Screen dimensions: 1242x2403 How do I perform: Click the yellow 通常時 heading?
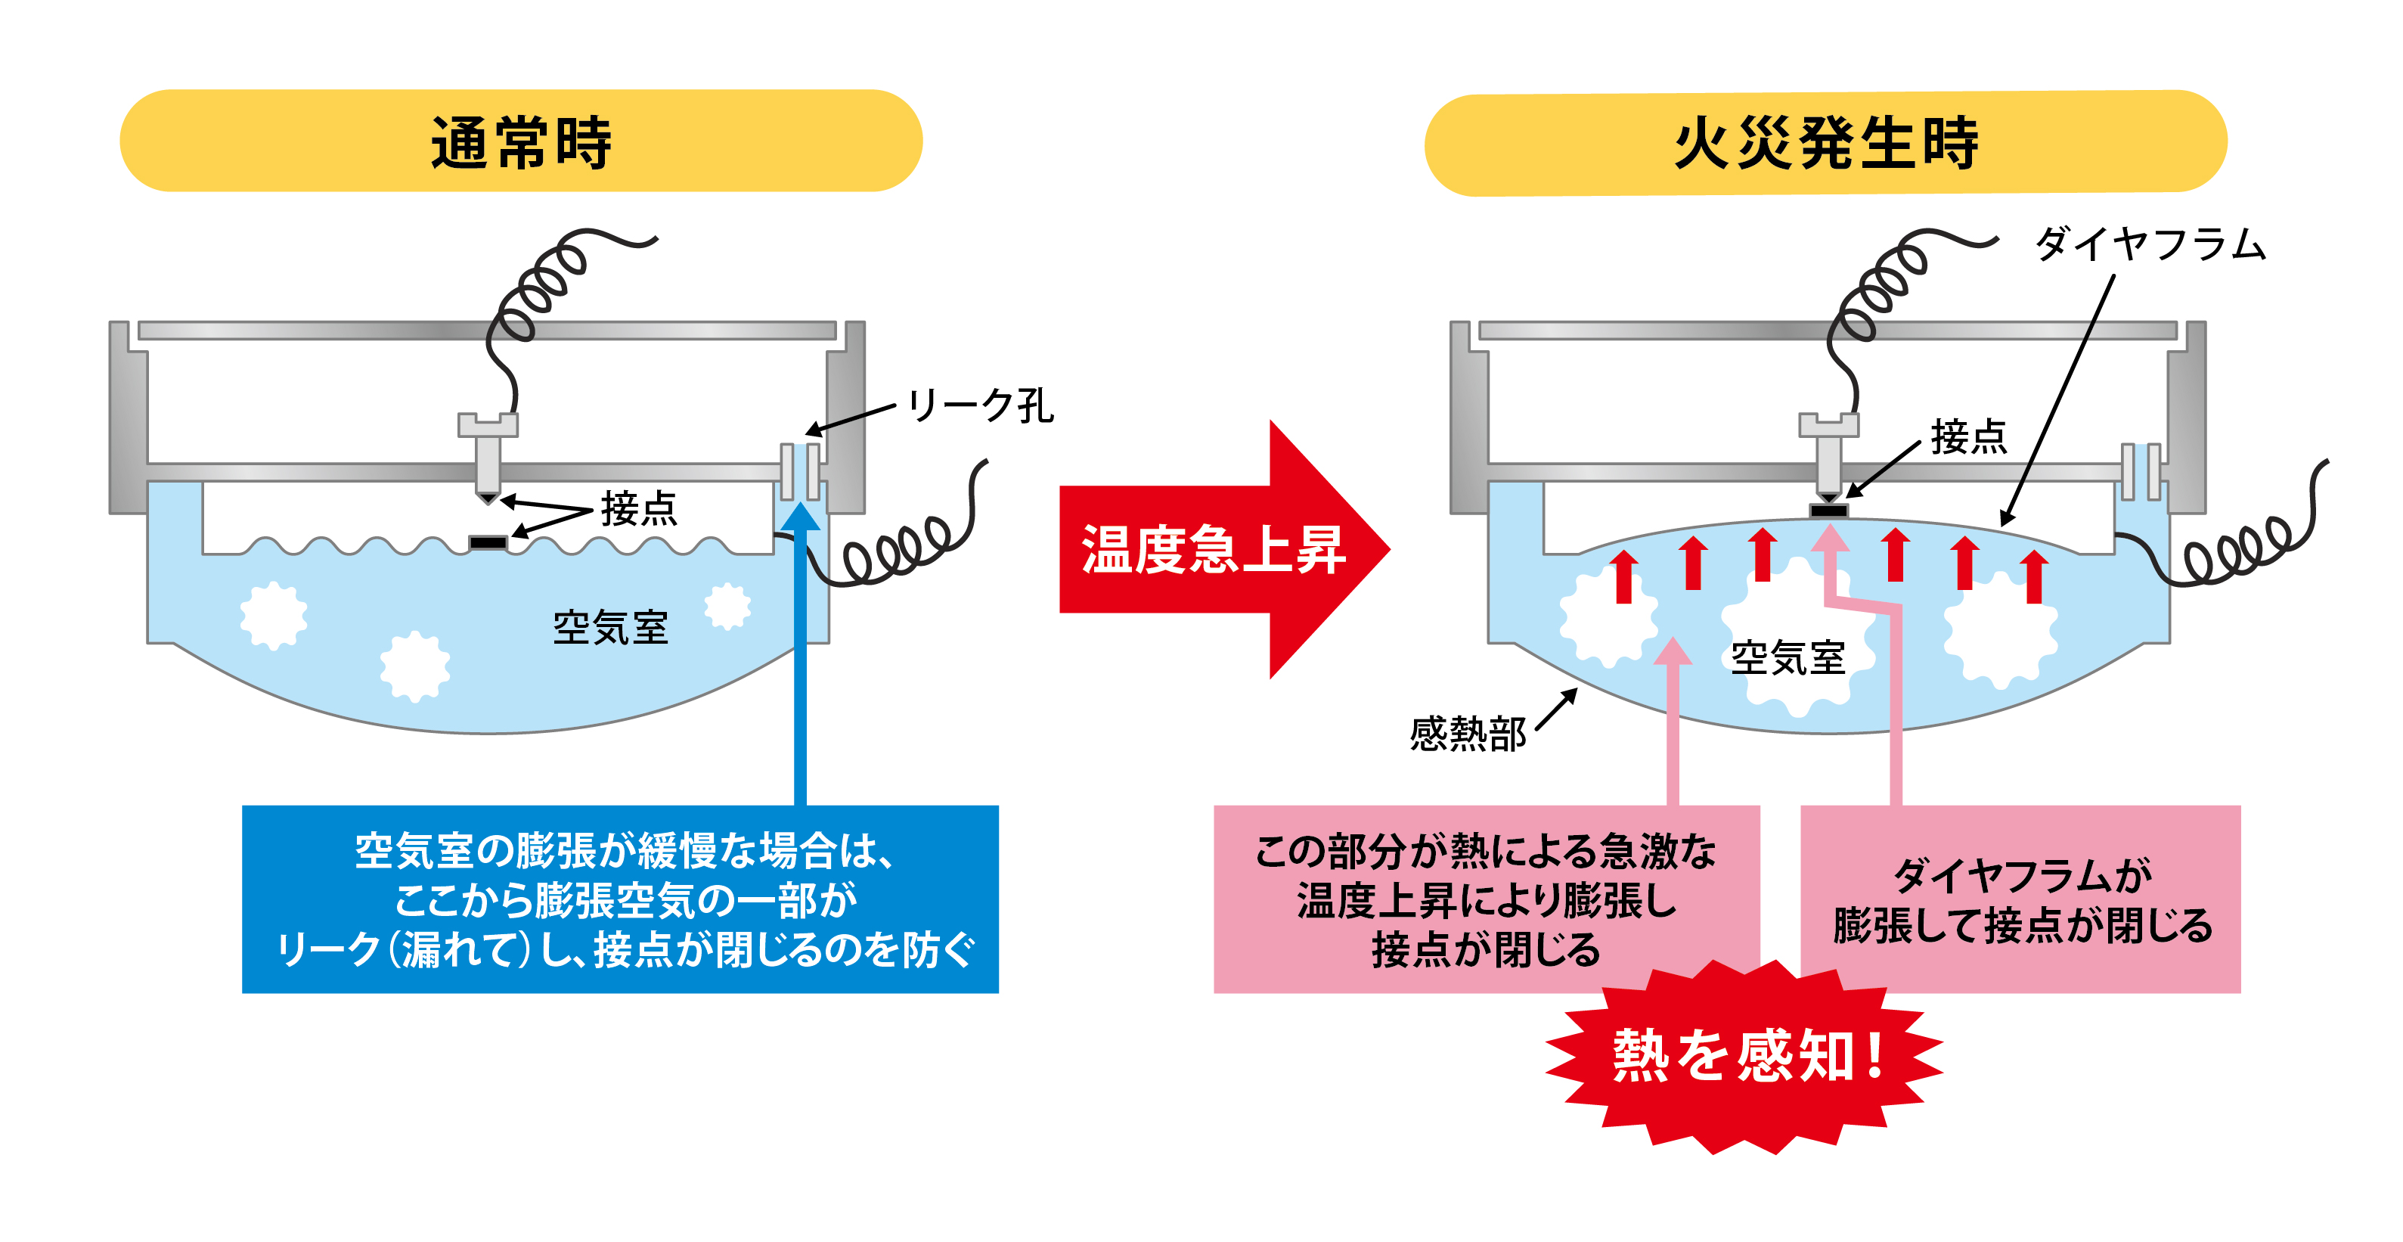point(520,142)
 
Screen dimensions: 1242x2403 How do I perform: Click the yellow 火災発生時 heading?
point(1825,144)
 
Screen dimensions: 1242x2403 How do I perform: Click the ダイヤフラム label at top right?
point(2149,244)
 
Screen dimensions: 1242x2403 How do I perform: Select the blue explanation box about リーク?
point(619,899)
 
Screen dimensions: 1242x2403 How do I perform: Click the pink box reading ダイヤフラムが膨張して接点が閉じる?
point(2020,899)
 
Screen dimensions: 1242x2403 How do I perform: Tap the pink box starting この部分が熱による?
point(1485,899)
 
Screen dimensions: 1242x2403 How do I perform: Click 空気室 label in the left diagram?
point(610,628)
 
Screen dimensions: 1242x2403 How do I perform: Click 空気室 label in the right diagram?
point(1788,659)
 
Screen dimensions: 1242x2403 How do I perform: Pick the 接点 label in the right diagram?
point(1968,436)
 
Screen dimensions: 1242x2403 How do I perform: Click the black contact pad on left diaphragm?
point(488,542)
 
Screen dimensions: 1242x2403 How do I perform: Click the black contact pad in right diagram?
point(1828,511)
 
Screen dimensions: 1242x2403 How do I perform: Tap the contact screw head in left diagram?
point(487,426)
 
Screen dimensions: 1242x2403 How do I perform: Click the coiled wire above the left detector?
point(541,289)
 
